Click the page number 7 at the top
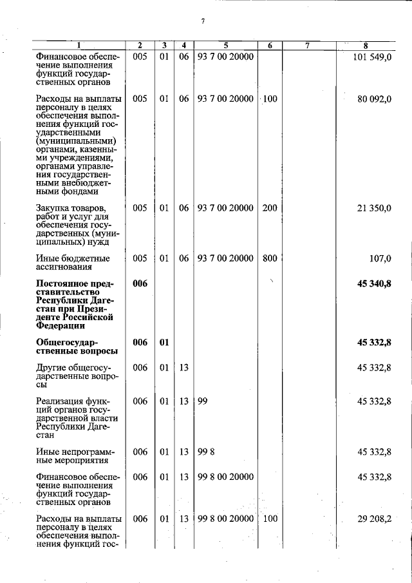202,21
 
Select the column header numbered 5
226,45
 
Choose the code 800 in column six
270,258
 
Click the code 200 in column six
270,207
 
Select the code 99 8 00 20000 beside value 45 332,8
225,477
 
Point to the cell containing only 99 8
207,452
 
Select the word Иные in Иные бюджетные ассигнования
48,259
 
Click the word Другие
52,368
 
